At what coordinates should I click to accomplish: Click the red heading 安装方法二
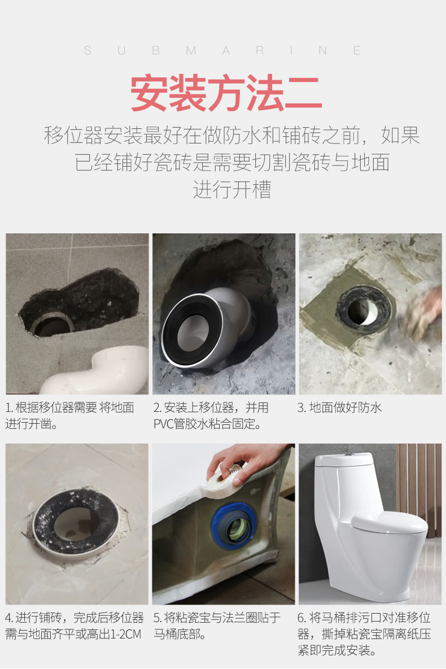226,93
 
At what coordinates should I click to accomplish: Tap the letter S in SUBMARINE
88,51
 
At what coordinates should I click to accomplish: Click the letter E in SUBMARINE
357,51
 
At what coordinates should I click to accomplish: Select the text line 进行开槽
232,189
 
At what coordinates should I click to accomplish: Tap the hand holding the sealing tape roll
243,461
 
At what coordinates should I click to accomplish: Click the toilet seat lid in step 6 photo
390,523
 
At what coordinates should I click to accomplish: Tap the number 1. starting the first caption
10,408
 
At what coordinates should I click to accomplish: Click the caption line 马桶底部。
180,634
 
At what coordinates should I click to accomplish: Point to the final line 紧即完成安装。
337,650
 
